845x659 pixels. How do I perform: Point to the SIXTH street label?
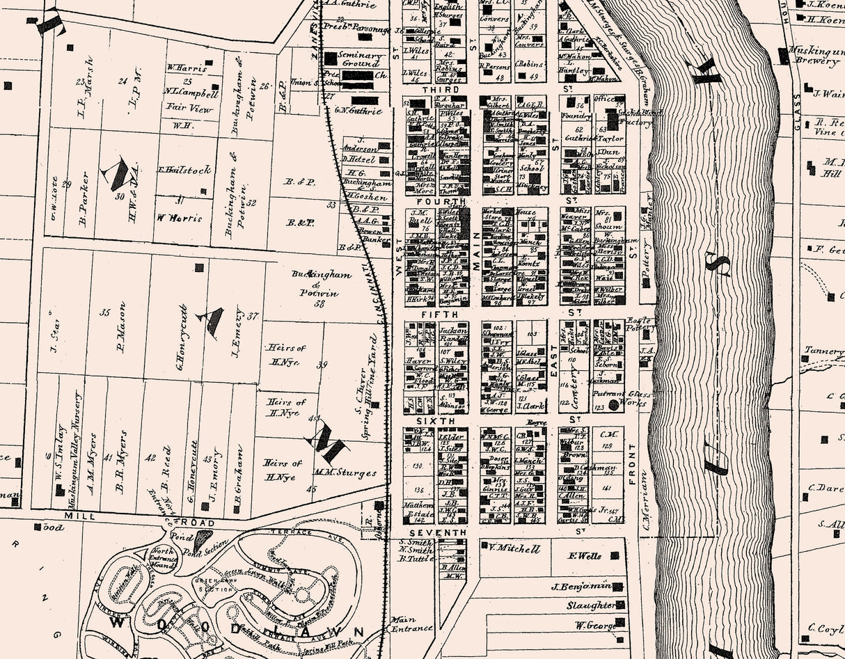[436, 421]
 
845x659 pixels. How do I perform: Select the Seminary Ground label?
[360, 59]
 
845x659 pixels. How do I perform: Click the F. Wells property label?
[585, 556]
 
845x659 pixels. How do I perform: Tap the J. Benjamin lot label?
[581, 586]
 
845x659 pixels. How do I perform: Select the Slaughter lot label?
[590, 605]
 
